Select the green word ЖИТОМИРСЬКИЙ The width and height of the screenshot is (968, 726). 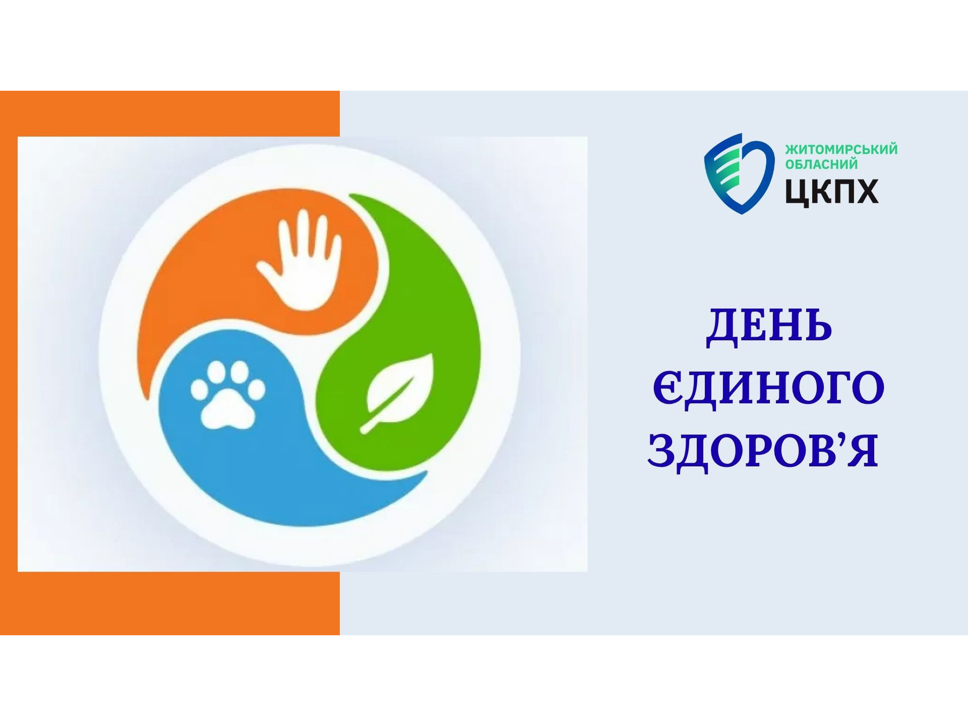point(841,150)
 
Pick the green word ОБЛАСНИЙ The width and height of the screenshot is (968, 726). point(821,164)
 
